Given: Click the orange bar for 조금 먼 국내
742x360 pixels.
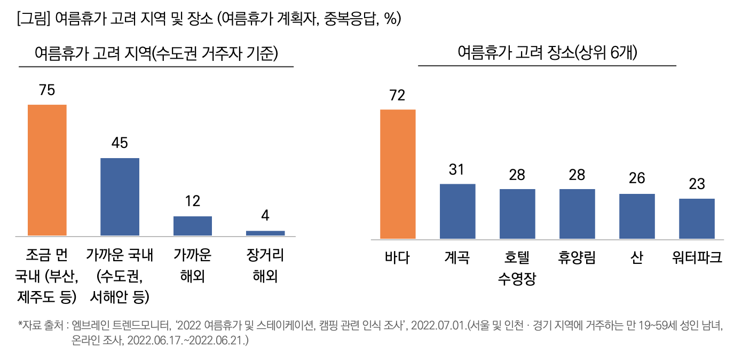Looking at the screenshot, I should [47, 170].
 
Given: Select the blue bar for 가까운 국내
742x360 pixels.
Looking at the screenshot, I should [120, 197].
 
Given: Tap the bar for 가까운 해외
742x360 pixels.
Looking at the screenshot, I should [193, 226].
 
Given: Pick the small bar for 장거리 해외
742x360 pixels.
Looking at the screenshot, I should [265, 233].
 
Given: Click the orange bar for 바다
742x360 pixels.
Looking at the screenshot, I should [398, 174].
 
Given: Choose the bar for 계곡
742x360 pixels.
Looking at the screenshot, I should [457, 211].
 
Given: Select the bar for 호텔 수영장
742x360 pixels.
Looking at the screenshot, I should [517, 214].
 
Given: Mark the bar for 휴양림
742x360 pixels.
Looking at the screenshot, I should [577, 214].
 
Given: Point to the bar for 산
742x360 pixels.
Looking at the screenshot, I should [637, 216].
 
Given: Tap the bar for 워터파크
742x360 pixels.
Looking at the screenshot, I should [697, 218].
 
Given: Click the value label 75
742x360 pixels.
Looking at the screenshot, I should [47, 90].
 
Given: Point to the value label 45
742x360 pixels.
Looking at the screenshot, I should [120, 143].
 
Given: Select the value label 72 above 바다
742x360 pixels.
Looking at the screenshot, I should [398, 95].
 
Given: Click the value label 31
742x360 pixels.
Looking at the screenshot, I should [457, 170].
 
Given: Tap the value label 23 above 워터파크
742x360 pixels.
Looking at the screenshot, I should [697, 184].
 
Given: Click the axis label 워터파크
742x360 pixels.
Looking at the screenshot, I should [697, 258].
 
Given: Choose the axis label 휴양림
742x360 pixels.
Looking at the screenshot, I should [577, 258].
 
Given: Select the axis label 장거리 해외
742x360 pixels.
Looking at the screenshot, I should [265, 266].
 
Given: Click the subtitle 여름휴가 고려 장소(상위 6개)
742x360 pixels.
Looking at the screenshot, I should [547, 53].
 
